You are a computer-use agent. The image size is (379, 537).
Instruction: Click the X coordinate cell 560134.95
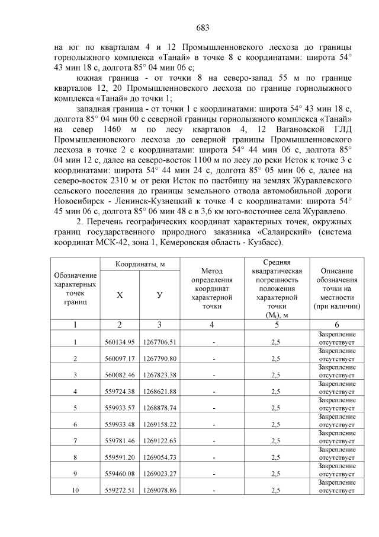point(120,342)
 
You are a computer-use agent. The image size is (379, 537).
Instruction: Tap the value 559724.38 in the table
point(120,392)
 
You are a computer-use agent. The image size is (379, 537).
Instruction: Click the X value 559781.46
point(120,441)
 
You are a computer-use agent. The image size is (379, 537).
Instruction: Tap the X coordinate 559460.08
point(120,475)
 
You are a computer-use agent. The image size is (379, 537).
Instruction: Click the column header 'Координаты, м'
point(139,263)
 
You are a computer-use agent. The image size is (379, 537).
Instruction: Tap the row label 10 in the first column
point(75,491)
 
